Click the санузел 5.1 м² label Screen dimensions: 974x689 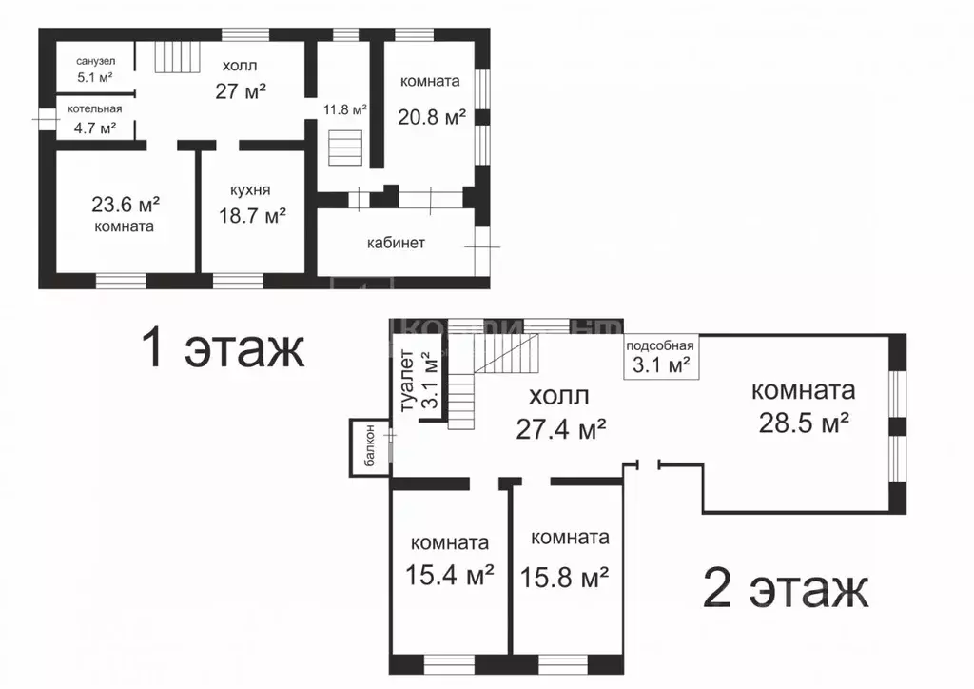click(x=95, y=69)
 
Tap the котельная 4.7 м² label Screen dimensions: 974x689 click(x=94, y=119)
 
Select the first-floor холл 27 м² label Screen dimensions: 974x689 click(x=241, y=79)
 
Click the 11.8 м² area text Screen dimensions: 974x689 click(x=344, y=110)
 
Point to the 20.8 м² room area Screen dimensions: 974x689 click(x=432, y=117)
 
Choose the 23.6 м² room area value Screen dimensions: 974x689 click(x=126, y=204)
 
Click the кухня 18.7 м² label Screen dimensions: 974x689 click(x=251, y=204)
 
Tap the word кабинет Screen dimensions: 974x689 click(x=396, y=243)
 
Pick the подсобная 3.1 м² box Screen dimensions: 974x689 click(x=661, y=357)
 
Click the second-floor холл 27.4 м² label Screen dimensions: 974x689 click(x=561, y=413)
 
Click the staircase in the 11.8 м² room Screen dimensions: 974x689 click(x=344, y=148)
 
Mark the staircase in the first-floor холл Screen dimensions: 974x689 click(x=178, y=56)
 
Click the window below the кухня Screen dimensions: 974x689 click(x=238, y=281)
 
